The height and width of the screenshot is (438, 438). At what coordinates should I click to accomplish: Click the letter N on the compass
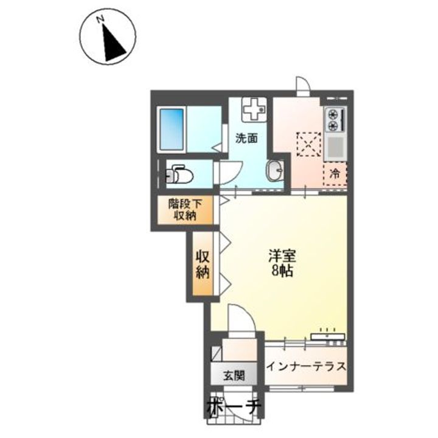[100, 19]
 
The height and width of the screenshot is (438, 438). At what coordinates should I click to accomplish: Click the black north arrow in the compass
[113, 43]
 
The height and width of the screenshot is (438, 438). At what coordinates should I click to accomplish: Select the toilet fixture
[179, 174]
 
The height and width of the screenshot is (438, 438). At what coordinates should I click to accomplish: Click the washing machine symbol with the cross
[253, 109]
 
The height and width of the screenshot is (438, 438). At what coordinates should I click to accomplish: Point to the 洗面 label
[246, 139]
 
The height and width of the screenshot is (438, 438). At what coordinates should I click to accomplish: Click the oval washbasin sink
[275, 170]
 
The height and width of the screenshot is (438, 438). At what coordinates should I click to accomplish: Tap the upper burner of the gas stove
[333, 114]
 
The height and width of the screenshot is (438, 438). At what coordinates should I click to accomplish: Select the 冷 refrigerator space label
[335, 174]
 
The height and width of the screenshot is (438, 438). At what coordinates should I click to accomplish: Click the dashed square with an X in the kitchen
[308, 144]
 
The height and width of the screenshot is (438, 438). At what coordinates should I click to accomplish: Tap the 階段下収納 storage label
[185, 210]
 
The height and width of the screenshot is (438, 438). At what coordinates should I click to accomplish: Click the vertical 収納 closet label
[203, 263]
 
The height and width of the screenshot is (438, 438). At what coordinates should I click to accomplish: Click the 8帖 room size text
[282, 271]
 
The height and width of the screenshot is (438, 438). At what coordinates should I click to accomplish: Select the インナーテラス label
[306, 366]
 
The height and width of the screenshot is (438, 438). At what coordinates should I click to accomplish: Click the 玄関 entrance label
[234, 376]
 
